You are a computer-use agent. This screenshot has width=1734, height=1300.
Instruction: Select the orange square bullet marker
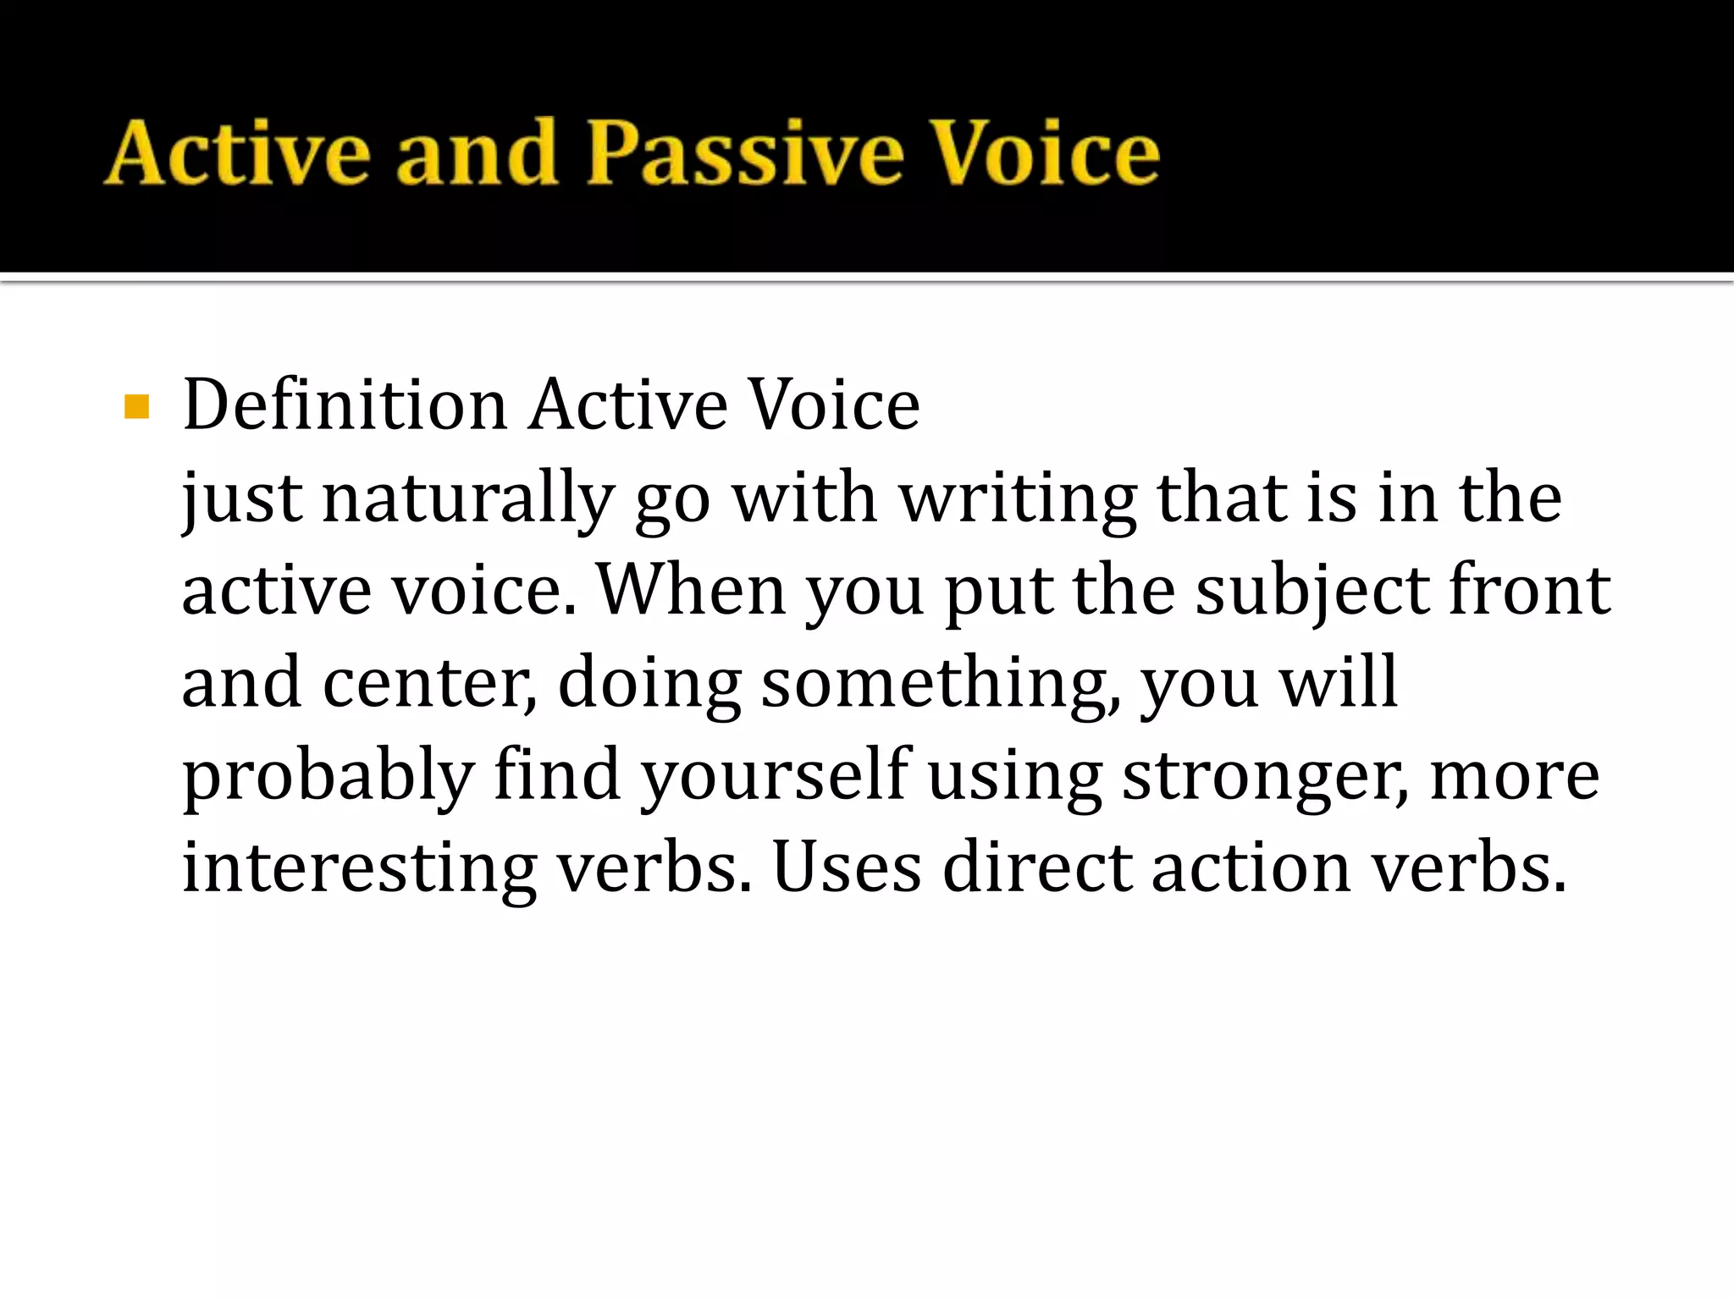[136, 407]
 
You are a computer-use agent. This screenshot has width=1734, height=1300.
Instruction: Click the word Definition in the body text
[345, 405]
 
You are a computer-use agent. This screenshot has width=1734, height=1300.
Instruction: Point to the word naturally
[467, 499]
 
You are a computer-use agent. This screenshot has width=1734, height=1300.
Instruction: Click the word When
[691, 590]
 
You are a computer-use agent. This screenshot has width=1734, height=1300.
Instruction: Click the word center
[428, 683]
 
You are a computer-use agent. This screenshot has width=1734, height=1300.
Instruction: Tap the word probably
[329, 777]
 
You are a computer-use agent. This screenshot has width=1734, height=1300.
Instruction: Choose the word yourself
[774, 777]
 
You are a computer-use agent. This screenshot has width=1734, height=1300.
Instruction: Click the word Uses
[847, 868]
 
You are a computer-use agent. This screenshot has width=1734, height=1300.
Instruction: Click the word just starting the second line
[242, 499]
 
